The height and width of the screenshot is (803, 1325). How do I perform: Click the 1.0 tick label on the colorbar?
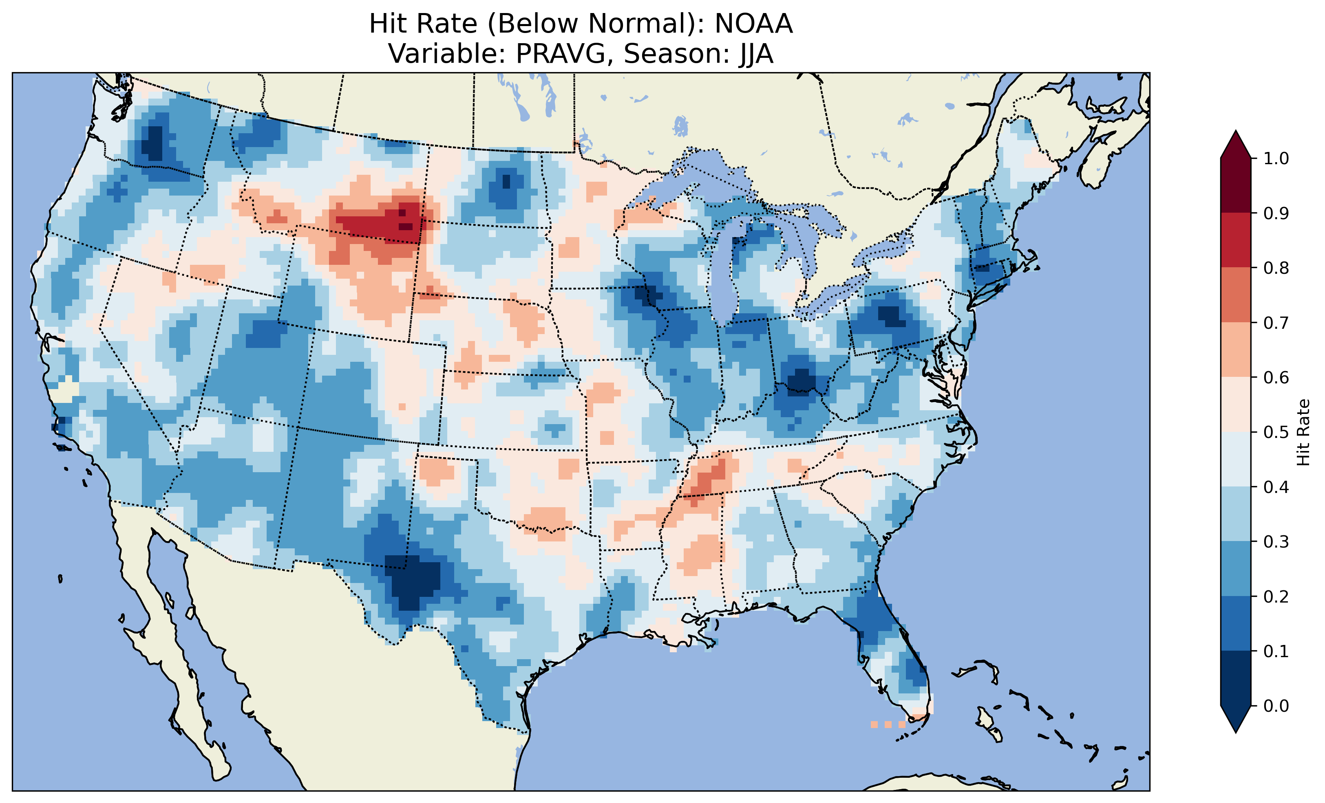[1276, 158]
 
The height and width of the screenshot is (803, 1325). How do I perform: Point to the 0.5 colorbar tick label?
[1276, 432]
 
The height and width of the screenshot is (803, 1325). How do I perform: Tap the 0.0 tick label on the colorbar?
[1276, 706]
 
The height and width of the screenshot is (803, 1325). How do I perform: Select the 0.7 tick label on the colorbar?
[1276, 323]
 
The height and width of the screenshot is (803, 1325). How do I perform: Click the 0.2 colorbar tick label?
[1276, 596]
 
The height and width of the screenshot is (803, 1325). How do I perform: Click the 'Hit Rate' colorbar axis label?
[1303, 432]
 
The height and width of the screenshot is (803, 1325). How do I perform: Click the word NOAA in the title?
[753, 24]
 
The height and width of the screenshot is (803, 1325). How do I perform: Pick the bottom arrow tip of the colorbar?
[1236, 732]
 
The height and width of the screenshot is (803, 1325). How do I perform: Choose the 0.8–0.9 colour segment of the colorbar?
[1236, 240]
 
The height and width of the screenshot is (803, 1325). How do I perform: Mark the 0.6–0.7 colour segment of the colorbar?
[1236, 350]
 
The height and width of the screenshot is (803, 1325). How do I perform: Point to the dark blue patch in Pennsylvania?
[890, 315]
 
